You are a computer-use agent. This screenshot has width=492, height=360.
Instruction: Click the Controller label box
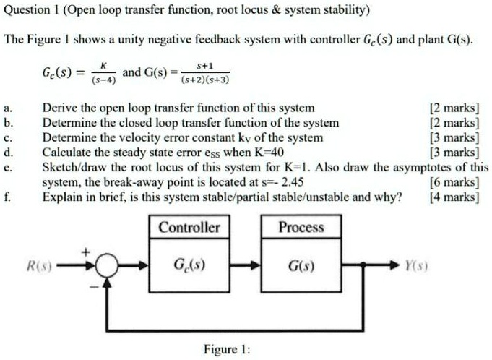click(189, 228)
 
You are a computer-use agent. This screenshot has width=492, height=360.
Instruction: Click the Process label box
click(301, 228)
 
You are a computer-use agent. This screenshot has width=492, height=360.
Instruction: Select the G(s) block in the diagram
click(301, 265)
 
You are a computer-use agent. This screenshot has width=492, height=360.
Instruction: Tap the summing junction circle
click(107, 266)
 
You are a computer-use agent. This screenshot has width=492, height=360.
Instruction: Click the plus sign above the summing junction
click(91, 252)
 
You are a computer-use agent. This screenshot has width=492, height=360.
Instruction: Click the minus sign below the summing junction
click(92, 283)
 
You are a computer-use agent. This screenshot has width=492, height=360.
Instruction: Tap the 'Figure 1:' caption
click(227, 349)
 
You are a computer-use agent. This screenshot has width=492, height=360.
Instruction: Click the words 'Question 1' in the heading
click(33, 11)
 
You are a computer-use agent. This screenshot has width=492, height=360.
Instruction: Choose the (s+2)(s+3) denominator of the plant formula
click(207, 80)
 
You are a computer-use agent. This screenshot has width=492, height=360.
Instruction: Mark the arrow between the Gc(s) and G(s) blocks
click(250, 266)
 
